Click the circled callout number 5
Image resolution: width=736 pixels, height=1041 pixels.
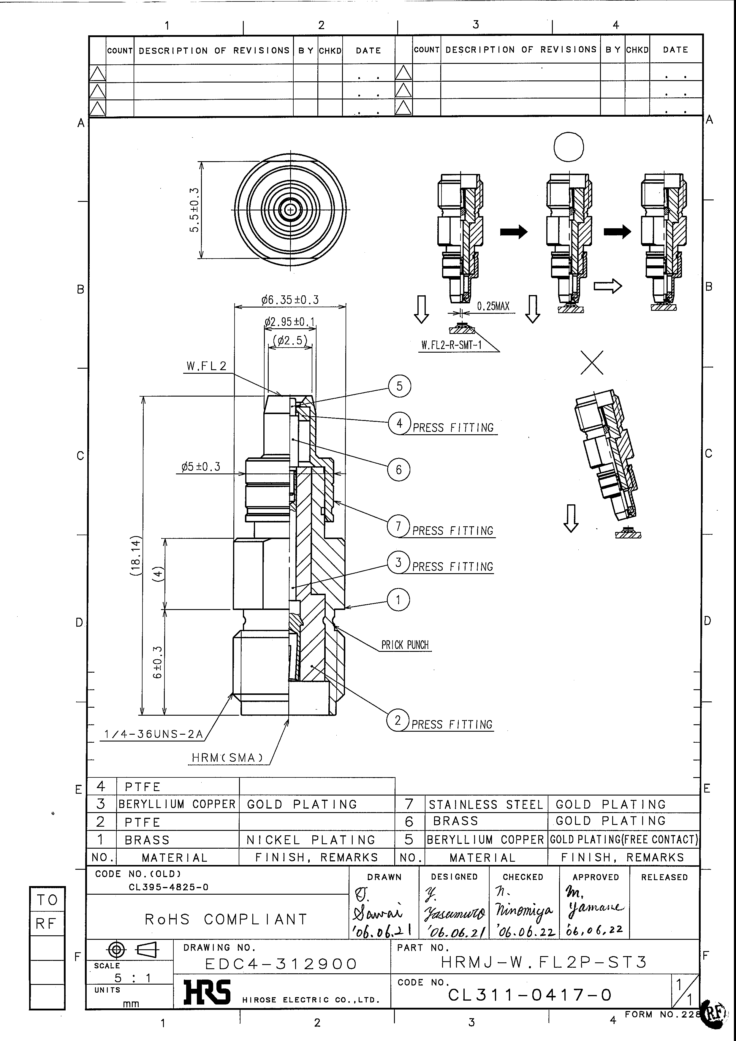tap(399, 386)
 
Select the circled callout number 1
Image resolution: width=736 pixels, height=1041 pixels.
tap(398, 600)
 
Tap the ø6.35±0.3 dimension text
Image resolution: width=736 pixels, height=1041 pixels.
tap(290, 300)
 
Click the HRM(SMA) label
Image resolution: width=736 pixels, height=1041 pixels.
tap(227, 758)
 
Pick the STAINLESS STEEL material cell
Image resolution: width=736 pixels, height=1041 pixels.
tap(486, 805)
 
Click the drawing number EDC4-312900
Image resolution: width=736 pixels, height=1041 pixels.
tap(281, 964)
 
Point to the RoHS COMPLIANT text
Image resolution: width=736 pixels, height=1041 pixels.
tap(226, 919)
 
